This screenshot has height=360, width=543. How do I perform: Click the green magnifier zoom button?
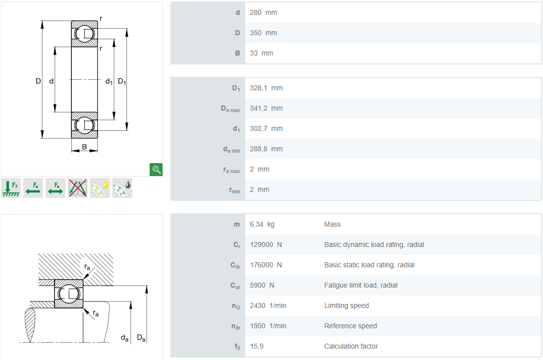[x=156, y=170]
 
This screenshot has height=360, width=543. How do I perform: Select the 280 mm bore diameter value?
[x=263, y=12]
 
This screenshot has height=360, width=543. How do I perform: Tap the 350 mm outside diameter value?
[x=263, y=33]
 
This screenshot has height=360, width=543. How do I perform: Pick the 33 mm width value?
[x=262, y=54]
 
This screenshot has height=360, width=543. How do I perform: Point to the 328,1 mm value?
[x=267, y=88]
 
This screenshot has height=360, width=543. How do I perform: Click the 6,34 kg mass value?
[x=262, y=224]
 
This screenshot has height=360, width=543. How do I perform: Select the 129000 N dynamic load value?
[x=266, y=244]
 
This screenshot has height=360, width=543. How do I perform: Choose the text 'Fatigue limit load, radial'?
[x=361, y=285]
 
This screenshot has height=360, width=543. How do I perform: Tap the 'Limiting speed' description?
[x=347, y=305]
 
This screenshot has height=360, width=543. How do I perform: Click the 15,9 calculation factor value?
[x=257, y=346]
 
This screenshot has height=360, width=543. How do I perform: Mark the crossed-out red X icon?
[x=78, y=188]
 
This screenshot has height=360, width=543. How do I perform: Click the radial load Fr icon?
[x=11, y=188]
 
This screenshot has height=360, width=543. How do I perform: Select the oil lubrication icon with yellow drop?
[x=100, y=188]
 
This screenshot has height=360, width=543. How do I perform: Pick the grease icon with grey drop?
[x=122, y=188]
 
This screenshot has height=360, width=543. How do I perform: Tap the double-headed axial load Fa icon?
[x=55, y=188]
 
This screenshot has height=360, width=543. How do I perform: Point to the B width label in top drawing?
[x=85, y=147]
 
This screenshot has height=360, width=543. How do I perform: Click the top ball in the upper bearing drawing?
[x=85, y=34]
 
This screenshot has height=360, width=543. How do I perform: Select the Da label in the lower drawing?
[x=141, y=338]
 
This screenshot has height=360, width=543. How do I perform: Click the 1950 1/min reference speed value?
[x=268, y=326]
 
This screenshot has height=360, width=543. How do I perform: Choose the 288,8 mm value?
[x=267, y=149]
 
